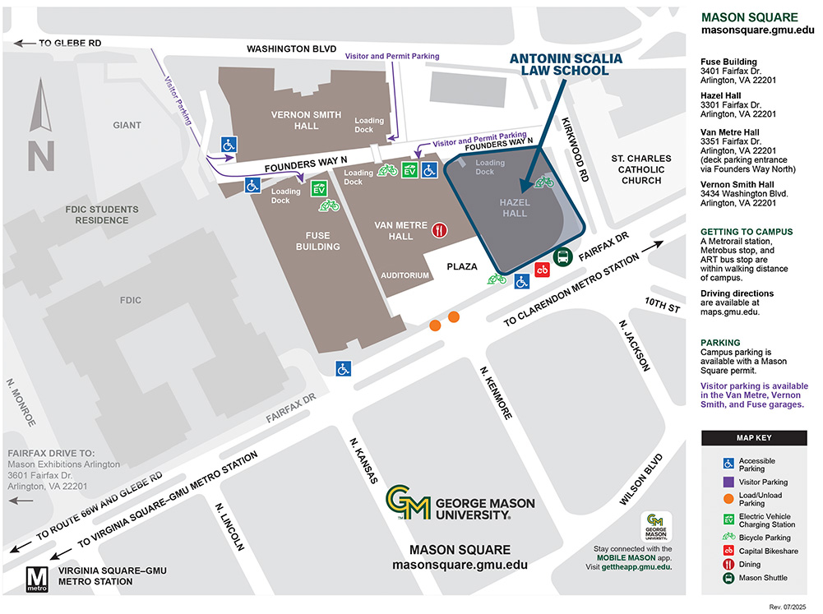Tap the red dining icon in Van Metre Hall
441,231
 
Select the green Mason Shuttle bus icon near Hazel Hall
562,257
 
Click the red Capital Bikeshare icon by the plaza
542,269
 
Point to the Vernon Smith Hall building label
294,120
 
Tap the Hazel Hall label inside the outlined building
516,208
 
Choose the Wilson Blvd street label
640,479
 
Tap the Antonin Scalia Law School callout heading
559,65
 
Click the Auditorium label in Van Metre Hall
405,275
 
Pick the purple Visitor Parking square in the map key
728,482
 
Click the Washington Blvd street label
292,49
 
